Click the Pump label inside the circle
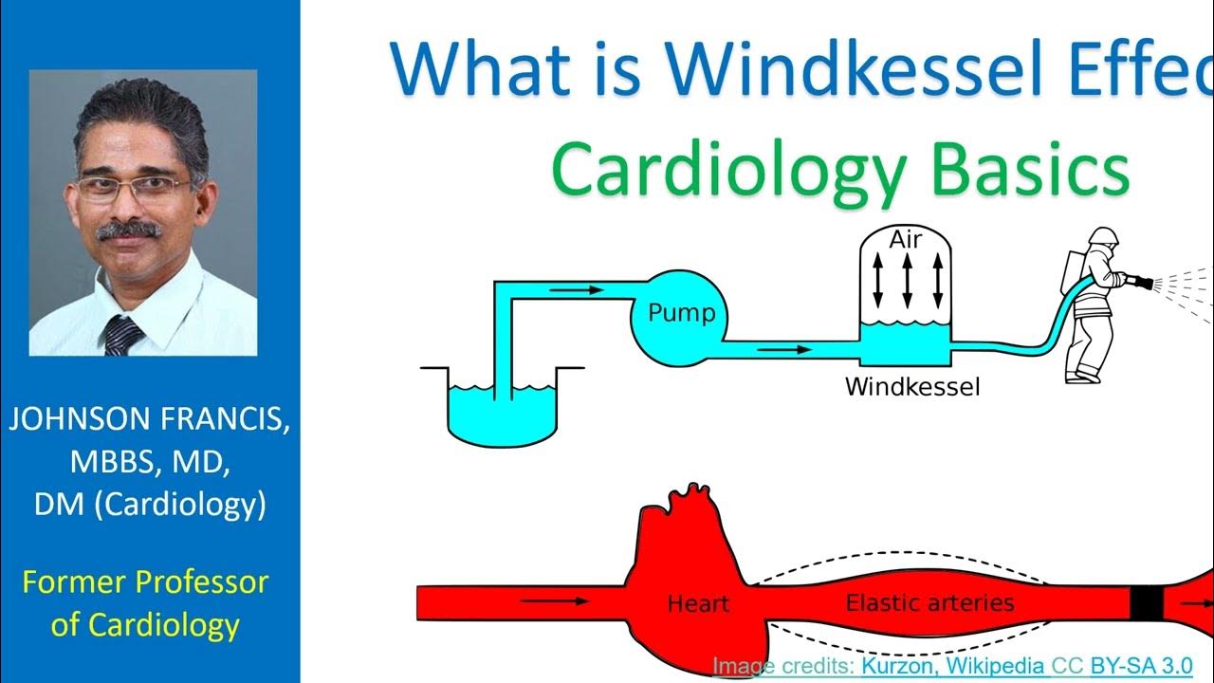click(681, 313)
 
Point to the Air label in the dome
click(906, 240)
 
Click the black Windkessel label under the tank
click(912, 387)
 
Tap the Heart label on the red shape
click(698, 603)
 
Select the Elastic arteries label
click(929, 602)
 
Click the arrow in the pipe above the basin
click(577, 289)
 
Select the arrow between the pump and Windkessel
click(786, 349)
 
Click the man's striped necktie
click(123, 335)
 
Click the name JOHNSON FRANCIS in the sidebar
click(150, 419)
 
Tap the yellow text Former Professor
click(145, 581)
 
